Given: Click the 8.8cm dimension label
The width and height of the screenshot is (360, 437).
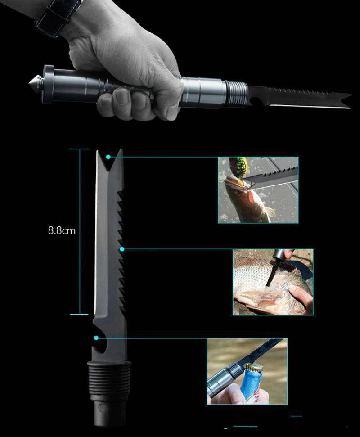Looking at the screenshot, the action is pyautogui.click(x=62, y=230).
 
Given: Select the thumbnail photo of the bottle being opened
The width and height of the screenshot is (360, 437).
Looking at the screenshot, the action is pyautogui.click(x=247, y=371).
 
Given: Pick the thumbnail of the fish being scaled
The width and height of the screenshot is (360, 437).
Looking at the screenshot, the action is pyautogui.click(x=273, y=282).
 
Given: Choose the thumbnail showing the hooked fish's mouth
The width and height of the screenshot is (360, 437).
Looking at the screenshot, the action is pyautogui.click(x=258, y=190).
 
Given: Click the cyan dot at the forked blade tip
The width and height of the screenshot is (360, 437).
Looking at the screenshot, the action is pyautogui.click(x=108, y=157).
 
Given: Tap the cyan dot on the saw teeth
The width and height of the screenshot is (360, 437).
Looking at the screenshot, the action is pyautogui.click(x=122, y=249).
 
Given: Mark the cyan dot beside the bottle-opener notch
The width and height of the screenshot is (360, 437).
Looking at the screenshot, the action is pyautogui.click(x=96, y=338).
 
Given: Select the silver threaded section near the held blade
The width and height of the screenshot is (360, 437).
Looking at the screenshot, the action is pyautogui.click(x=236, y=94).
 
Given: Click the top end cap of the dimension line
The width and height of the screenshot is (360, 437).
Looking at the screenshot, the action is pyautogui.click(x=79, y=149).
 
